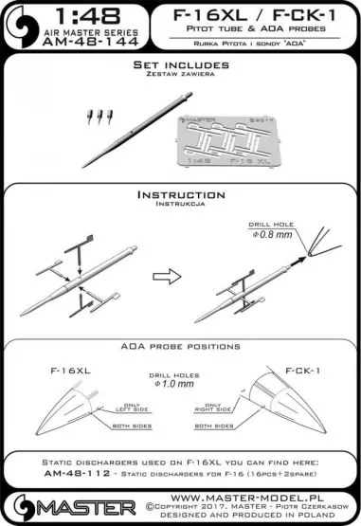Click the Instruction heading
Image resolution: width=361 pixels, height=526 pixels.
coord(179,193)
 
